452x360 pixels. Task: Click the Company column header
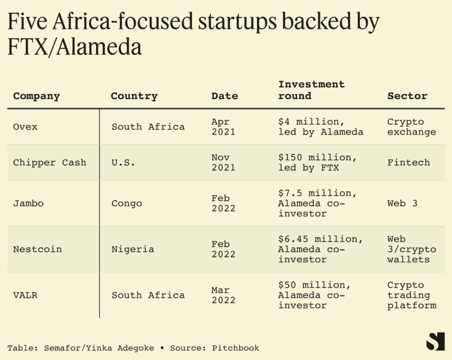(37, 96)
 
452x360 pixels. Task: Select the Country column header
(134, 96)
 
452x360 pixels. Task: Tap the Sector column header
(407, 96)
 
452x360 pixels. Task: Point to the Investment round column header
(311, 90)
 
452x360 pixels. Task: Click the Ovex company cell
(25, 127)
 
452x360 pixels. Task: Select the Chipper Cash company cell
(50, 163)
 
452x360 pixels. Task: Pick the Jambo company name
(28, 203)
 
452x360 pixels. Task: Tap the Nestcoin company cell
(37, 249)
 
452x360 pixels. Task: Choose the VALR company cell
(25, 295)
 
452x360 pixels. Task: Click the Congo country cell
(127, 203)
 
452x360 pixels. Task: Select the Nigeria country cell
(133, 249)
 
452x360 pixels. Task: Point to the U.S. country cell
(123, 163)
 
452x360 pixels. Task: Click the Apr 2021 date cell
(223, 127)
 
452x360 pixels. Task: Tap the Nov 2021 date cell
(223, 163)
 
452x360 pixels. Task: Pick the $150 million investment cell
(317, 163)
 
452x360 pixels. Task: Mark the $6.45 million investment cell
(320, 249)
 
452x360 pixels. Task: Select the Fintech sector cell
(409, 163)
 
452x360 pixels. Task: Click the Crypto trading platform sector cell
(412, 295)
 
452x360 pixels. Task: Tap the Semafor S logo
(435, 340)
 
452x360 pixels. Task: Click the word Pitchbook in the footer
(235, 348)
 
